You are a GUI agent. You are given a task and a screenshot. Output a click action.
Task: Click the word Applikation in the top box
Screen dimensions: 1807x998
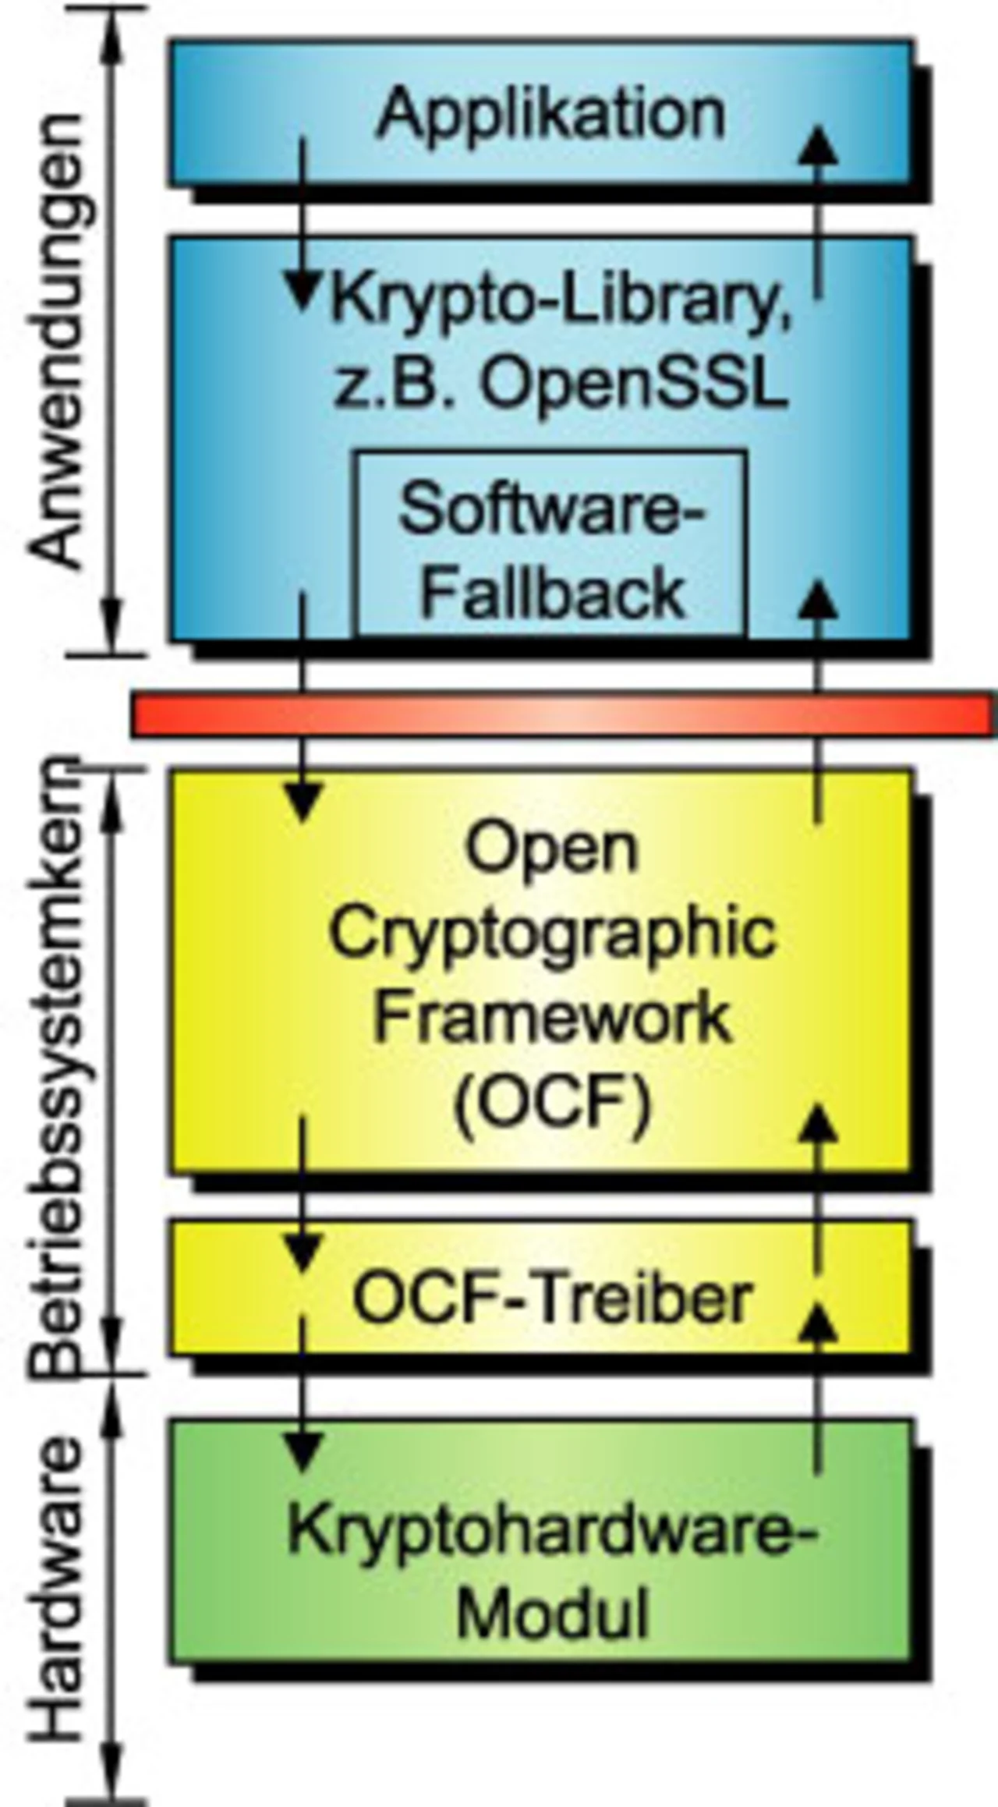(x=550, y=115)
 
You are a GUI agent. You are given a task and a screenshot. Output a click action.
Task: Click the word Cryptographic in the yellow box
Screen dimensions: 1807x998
(x=552, y=934)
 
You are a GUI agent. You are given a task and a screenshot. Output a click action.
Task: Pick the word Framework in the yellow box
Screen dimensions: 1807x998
(x=552, y=1018)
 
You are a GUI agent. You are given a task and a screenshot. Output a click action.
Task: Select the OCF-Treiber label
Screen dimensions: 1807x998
(x=552, y=1299)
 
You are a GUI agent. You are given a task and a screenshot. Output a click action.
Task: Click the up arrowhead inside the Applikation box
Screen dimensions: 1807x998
(x=818, y=146)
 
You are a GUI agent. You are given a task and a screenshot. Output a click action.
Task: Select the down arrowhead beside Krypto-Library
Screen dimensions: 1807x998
(x=302, y=290)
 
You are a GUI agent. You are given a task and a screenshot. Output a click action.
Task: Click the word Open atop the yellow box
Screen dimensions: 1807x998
(x=552, y=849)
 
